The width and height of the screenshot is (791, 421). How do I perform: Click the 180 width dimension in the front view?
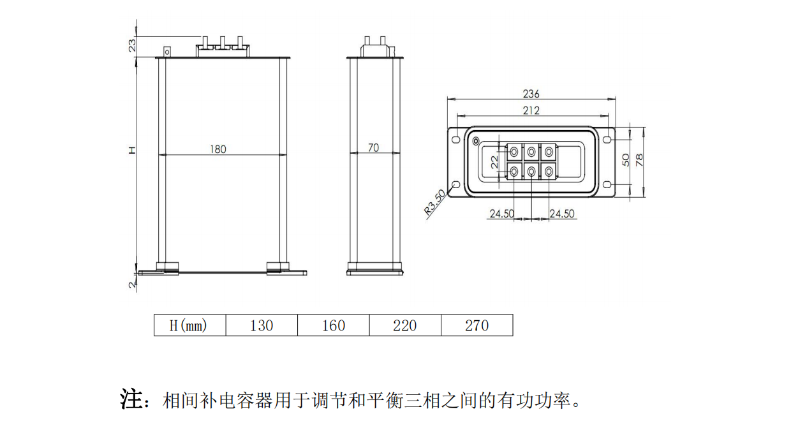click(218, 149)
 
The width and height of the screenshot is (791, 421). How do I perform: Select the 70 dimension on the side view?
click(374, 148)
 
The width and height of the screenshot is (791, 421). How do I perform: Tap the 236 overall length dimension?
click(531, 94)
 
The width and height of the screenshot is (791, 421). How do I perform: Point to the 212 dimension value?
click(531, 111)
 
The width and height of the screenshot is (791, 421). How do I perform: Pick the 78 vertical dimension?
click(639, 159)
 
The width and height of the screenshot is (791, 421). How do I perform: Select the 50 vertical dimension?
click(626, 159)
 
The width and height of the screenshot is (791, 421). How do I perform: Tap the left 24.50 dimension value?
click(502, 214)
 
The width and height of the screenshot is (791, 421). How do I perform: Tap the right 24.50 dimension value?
click(561, 214)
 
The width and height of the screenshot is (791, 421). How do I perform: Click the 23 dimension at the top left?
click(133, 45)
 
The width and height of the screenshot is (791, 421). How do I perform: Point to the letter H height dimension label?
click(133, 151)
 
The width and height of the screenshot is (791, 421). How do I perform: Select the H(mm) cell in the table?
click(189, 326)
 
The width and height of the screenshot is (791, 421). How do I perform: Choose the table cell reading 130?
click(262, 326)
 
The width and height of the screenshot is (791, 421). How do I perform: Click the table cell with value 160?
click(333, 326)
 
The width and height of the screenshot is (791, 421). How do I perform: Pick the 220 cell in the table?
click(404, 326)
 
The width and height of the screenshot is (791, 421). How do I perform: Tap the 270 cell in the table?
click(477, 326)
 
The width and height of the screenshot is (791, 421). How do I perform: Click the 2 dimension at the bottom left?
click(133, 285)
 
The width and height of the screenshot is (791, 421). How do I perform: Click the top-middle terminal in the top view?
click(531, 152)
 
